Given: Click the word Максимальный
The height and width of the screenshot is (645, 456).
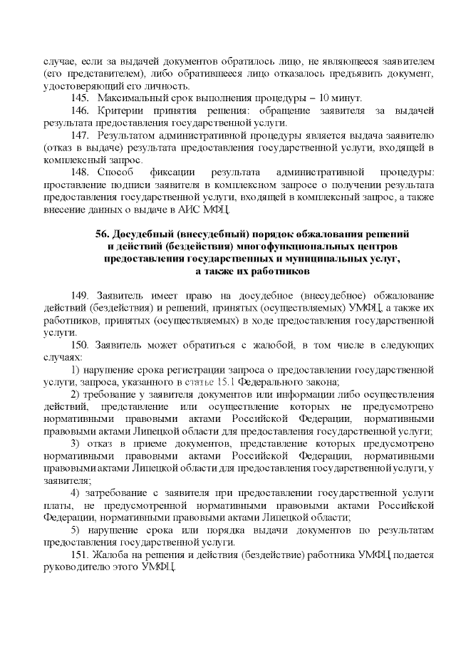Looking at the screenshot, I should click(x=129, y=97).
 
